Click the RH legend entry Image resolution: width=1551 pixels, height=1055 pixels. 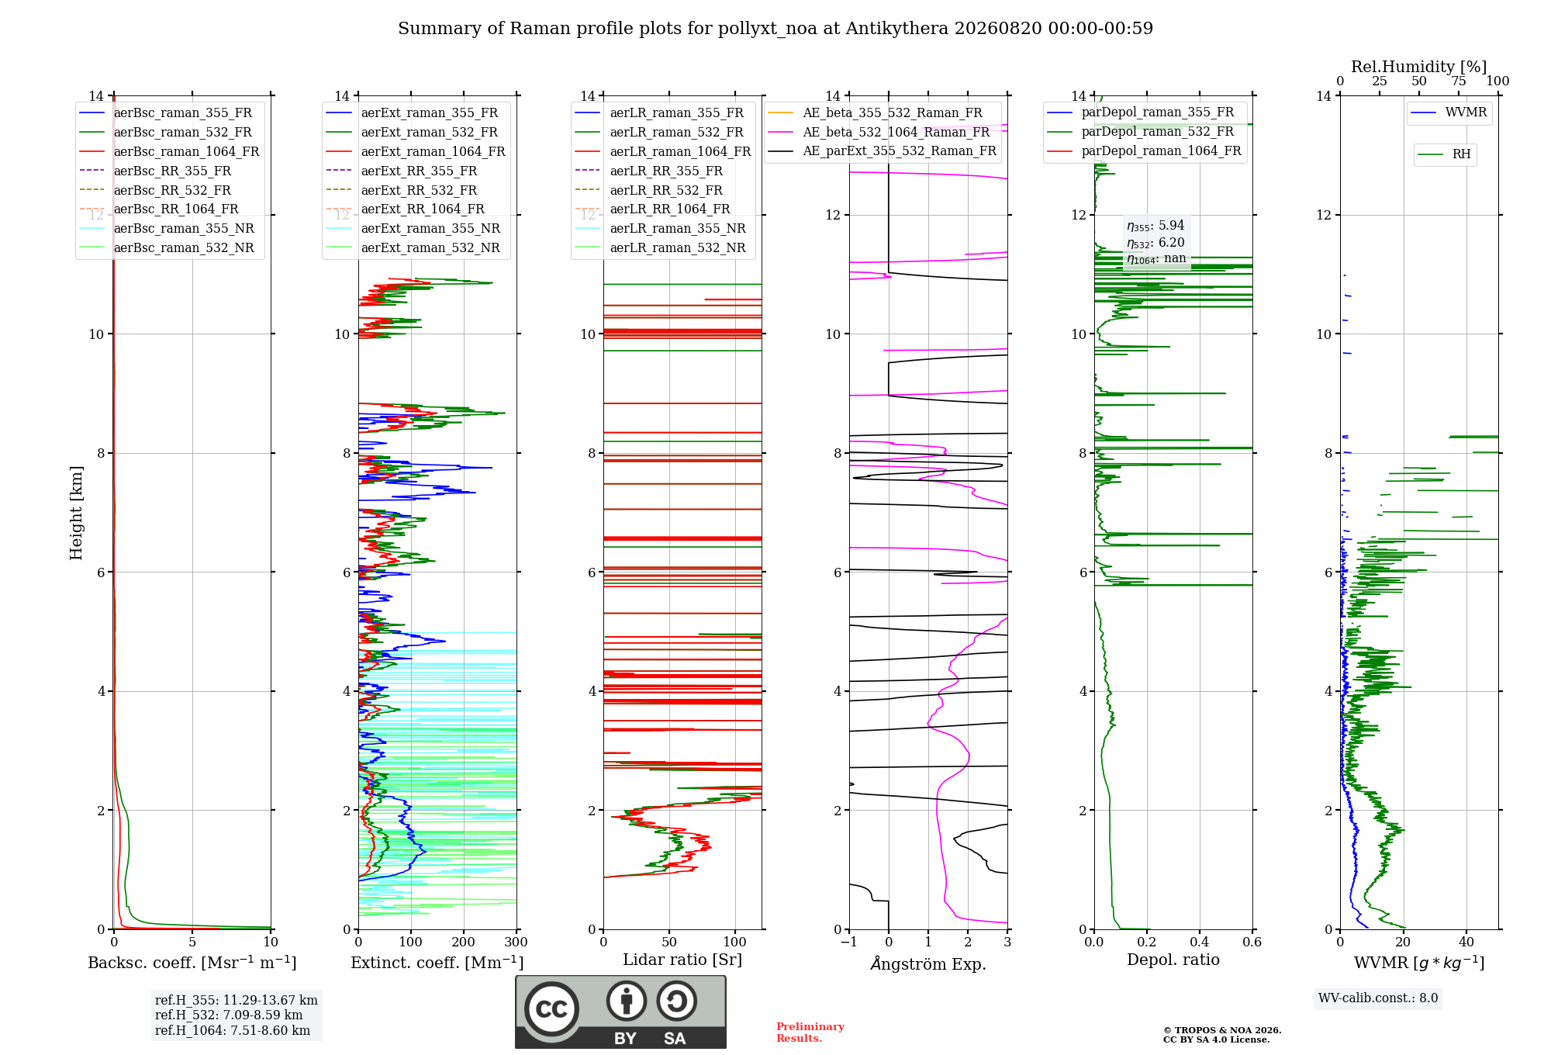click(x=1444, y=154)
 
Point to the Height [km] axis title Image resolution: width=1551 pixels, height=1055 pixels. click(x=76, y=513)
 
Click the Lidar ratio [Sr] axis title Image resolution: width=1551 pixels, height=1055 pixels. click(x=682, y=960)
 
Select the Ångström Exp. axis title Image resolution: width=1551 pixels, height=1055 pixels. click(x=928, y=963)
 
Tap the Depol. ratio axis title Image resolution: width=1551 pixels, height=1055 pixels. click(x=1173, y=960)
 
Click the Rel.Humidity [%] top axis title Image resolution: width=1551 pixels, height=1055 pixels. click(x=1419, y=67)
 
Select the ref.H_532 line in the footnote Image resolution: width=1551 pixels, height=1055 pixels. click(x=229, y=1015)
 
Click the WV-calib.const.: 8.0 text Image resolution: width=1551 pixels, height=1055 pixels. click(x=1378, y=998)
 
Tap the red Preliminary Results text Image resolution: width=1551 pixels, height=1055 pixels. click(x=810, y=1032)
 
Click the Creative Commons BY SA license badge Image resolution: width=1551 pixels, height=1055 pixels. click(x=620, y=1012)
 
